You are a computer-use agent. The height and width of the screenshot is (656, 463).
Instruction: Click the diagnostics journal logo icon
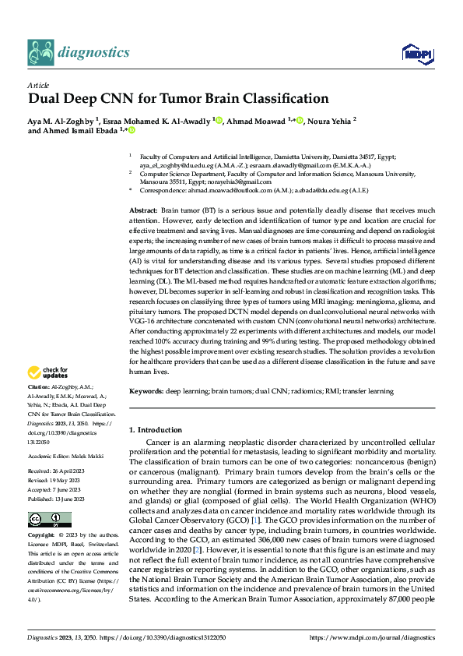[x=42, y=52]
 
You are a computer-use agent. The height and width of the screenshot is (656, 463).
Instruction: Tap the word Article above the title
[x=38, y=85]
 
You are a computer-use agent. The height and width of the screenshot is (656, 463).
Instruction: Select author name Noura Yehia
[x=330, y=120]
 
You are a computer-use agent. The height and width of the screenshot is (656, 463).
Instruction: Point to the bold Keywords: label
[x=146, y=391]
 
